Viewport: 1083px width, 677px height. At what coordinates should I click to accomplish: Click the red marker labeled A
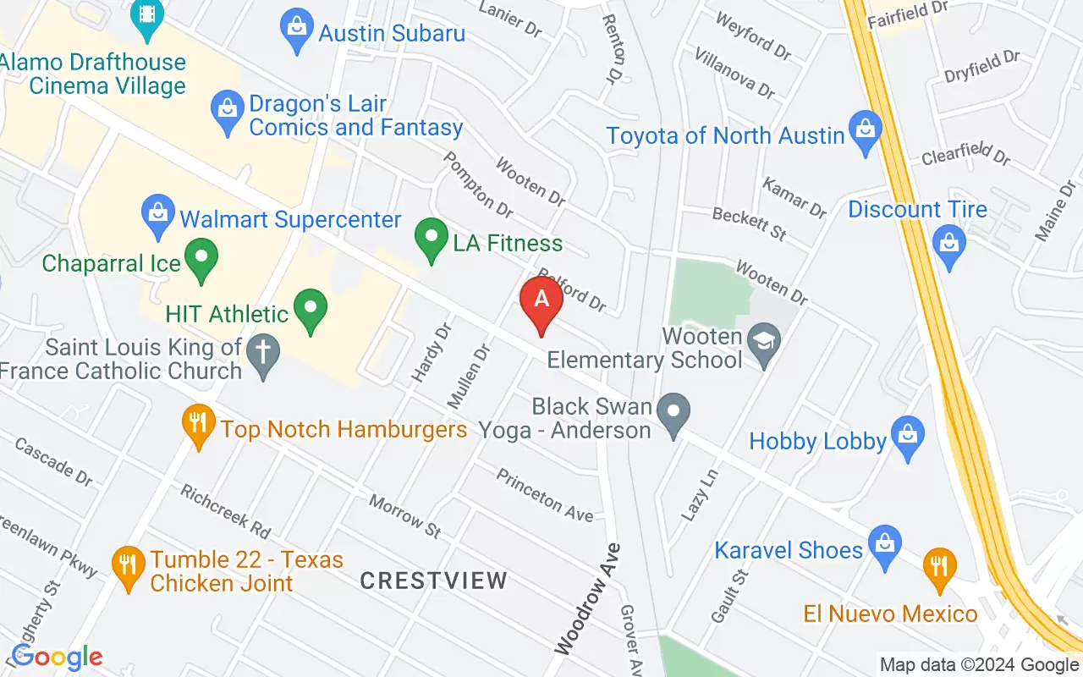click(541, 300)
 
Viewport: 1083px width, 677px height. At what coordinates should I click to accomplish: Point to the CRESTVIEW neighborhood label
click(433, 581)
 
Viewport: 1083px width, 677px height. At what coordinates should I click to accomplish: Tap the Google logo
click(57, 657)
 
